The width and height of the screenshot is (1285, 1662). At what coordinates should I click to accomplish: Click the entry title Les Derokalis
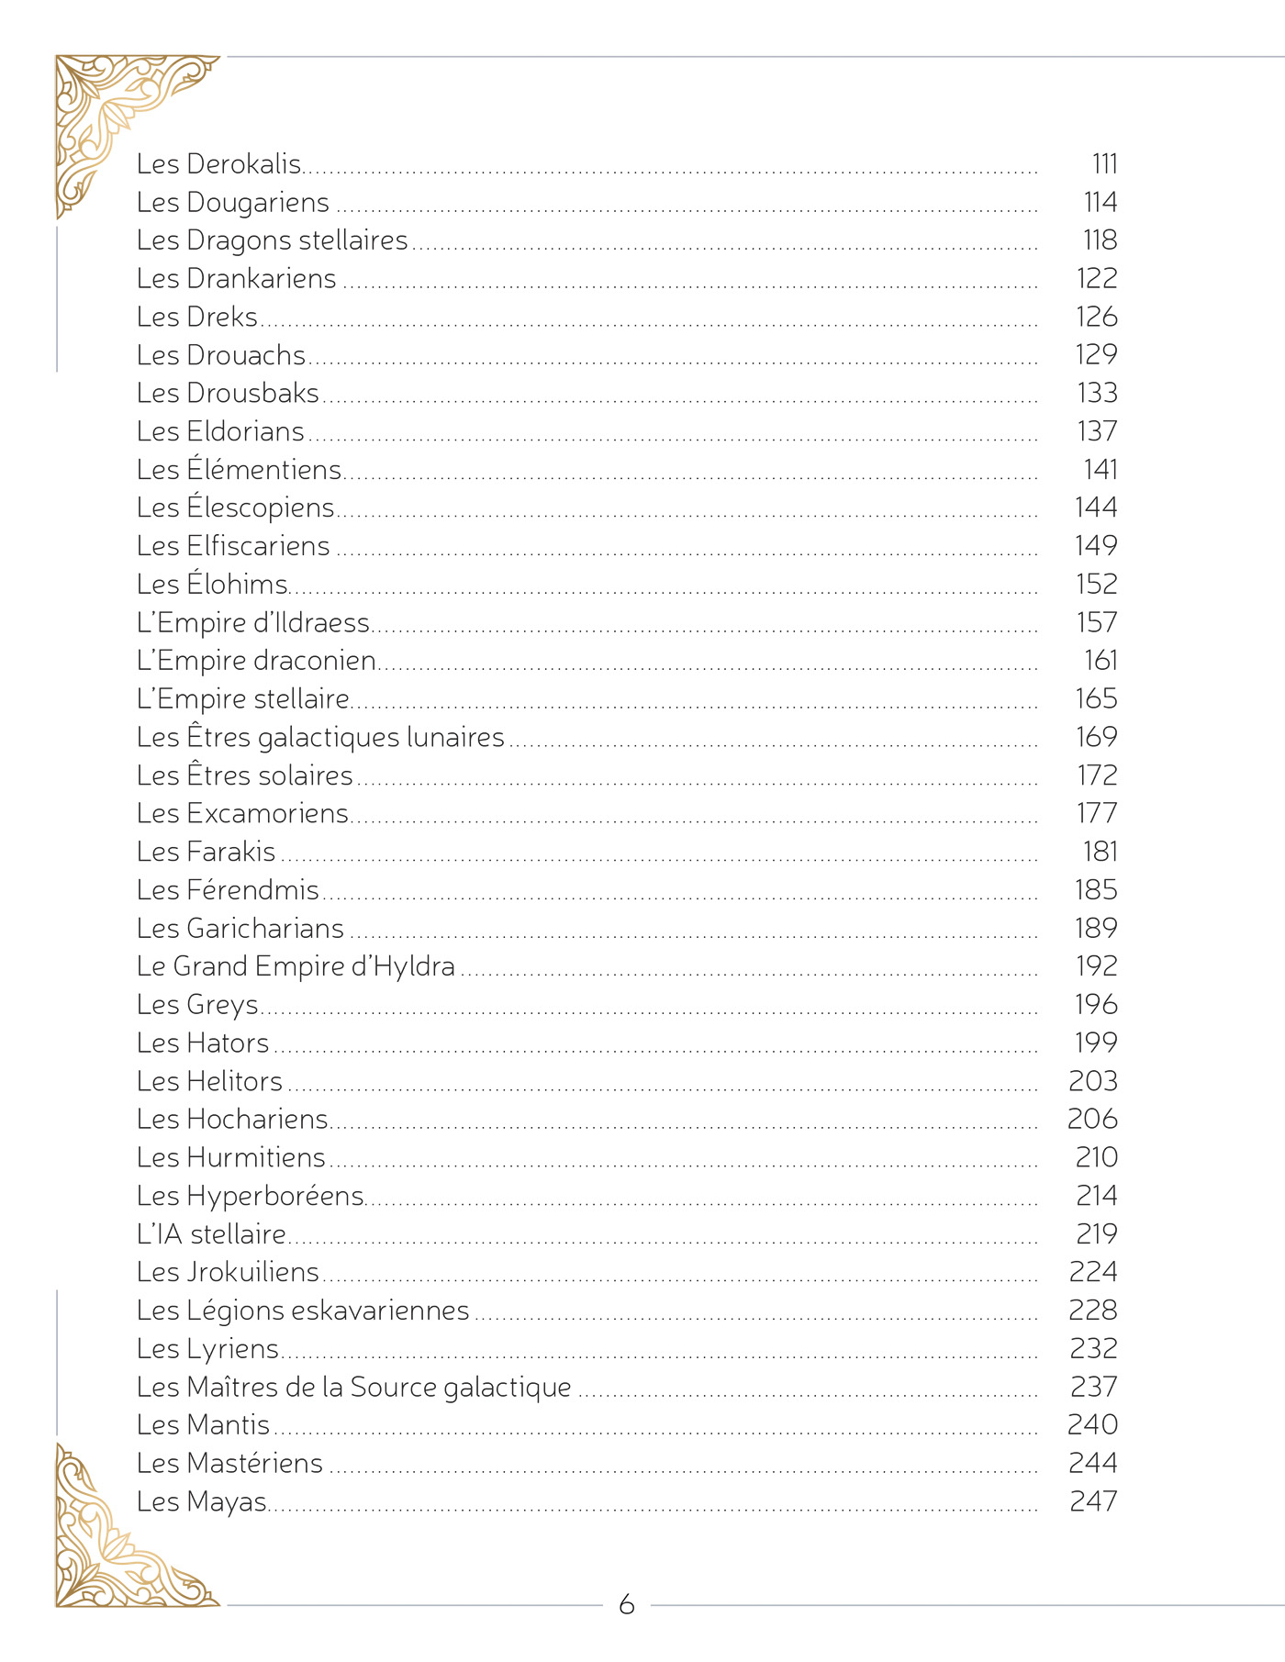(x=218, y=164)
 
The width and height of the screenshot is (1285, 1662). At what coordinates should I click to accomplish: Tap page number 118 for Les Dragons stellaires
(x=1100, y=240)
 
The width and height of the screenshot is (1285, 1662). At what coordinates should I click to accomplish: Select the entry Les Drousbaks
(x=228, y=394)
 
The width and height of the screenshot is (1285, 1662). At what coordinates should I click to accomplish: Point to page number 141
(x=1101, y=470)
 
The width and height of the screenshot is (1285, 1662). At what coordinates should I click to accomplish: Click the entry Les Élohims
(x=212, y=585)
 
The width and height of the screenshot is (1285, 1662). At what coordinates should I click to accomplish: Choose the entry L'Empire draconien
(x=256, y=661)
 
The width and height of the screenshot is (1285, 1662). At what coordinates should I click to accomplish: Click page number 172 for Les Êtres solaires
(x=1097, y=775)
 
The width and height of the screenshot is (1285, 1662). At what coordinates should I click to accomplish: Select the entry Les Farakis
(x=206, y=852)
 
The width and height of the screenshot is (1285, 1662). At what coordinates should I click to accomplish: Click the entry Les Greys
(x=197, y=1005)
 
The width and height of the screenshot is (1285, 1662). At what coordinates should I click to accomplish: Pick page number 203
(x=1092, y=1081)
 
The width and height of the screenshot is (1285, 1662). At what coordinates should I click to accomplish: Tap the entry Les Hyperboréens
(x=251, y=1196)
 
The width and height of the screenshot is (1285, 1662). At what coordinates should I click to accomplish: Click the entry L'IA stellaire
(x=211, y=1234)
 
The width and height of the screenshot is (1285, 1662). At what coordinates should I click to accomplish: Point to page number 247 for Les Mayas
(x=1093, y=1501)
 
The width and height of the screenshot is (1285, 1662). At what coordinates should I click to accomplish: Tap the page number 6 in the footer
(x=627, y=1604)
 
